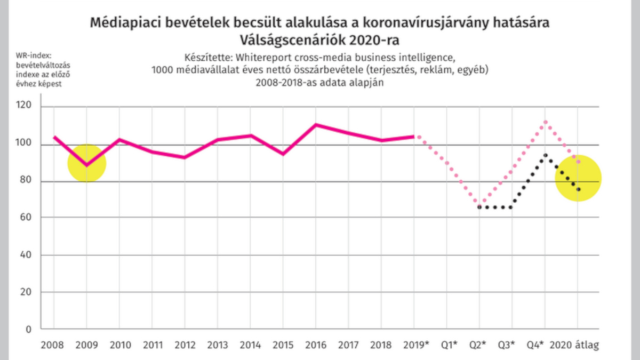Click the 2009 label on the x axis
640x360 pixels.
tap(86, 345)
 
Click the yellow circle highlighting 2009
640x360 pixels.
tap(86, 163)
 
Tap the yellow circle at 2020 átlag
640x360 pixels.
tap(578, 178)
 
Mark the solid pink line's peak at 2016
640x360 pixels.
tap(315, 125)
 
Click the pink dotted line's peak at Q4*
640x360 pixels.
tap(545, 122)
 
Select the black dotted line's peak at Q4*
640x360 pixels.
tap(545, 155)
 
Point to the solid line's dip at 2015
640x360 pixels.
tap(283, 154)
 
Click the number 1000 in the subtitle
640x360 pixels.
tap(162, 70)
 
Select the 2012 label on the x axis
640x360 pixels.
tap(184, 345)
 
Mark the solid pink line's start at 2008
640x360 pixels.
tap(54, 137)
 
